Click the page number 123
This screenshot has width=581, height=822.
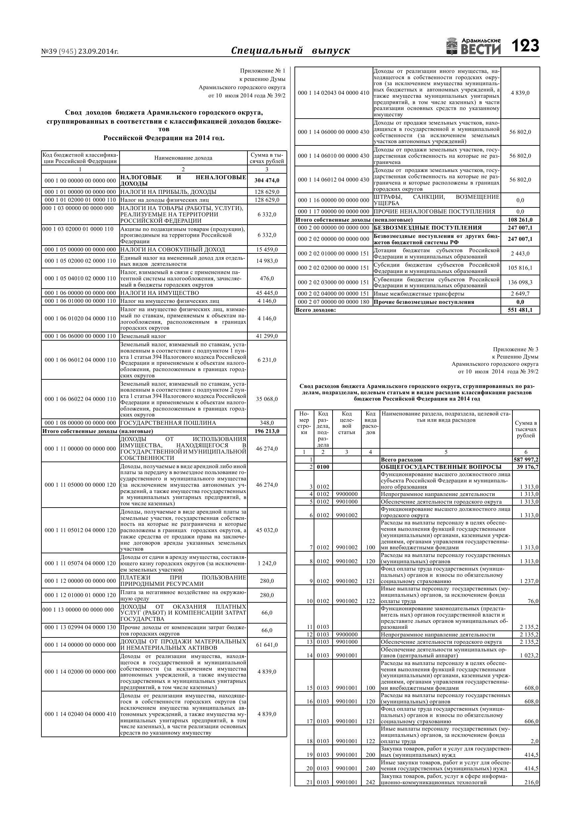(x=525, y=46)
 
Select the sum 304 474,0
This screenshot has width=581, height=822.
(x=267, y=181)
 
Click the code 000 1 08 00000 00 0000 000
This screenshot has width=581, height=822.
(x=80, y=423)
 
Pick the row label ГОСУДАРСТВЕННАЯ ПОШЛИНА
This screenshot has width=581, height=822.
(x=168, y=423)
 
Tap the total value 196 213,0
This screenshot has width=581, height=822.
(x=267, y=431)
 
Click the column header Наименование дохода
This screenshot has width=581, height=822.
(x=183, y=158)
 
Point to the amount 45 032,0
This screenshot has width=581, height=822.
(x=267, y=530)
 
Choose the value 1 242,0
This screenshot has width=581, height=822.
(x=267, y=563)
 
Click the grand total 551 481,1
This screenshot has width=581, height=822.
(x=520, y=310)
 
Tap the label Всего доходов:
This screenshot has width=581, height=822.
(x=316, y=310)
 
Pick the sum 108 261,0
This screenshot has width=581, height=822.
(x=520, y=220)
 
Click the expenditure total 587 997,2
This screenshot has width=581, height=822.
(x=525, y=460)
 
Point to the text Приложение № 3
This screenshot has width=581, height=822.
(x=515, y=350)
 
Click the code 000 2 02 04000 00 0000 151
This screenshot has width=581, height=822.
(x=333, y=294)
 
